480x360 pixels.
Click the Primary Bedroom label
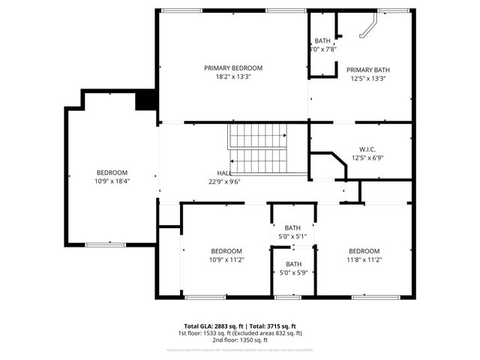coord(233,67)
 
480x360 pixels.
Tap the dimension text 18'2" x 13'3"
coord(233,76)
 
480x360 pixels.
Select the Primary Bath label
coord(367,70)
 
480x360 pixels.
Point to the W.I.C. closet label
coord(367,149)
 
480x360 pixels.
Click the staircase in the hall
coord(258,148)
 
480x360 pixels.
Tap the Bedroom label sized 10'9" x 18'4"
coord(112,172)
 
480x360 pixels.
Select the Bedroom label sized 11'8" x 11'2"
coord(364,250)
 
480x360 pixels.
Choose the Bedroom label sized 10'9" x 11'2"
coord(226,250)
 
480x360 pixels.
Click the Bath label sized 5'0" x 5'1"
coord(292,228)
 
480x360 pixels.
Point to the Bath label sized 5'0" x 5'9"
coord(292,264)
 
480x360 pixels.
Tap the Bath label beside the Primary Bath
coord(322,40)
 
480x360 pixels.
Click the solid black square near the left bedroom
coord(145,100)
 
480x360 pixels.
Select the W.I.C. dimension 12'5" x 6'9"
coord(367,158)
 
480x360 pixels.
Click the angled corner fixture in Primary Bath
coord(367,29)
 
